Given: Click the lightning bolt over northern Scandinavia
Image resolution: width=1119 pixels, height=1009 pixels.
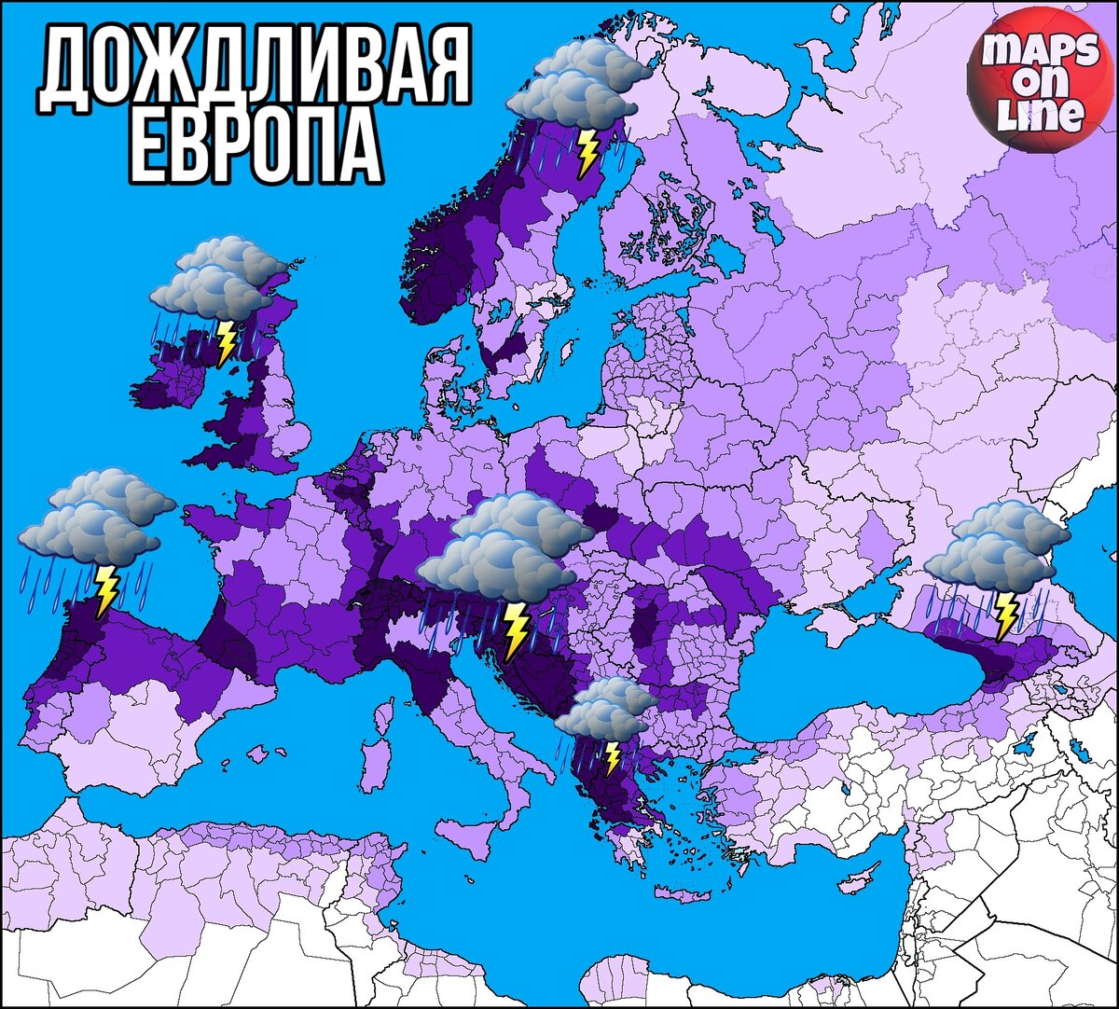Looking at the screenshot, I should [x=587, y=153].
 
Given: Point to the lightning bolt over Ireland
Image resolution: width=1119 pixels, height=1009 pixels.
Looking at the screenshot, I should [x=225, y=342].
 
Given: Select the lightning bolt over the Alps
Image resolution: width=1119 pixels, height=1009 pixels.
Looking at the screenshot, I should [x=514, y=629].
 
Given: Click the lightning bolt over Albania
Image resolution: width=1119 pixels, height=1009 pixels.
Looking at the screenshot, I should [x=612, y=757].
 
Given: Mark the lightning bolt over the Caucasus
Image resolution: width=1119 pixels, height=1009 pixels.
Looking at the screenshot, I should [x=1005, y=614].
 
